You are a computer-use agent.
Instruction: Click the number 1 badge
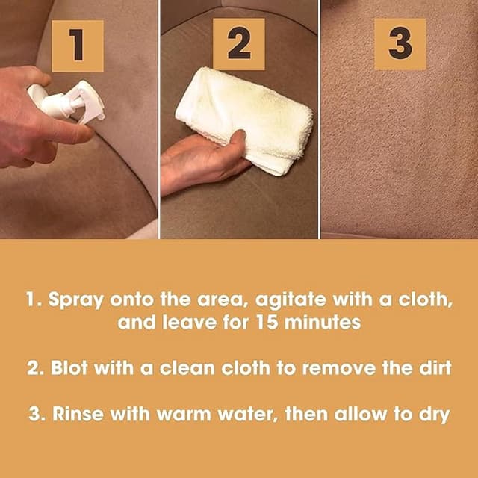78,46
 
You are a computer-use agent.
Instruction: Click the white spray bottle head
75,103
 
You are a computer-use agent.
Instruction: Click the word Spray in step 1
74,301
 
